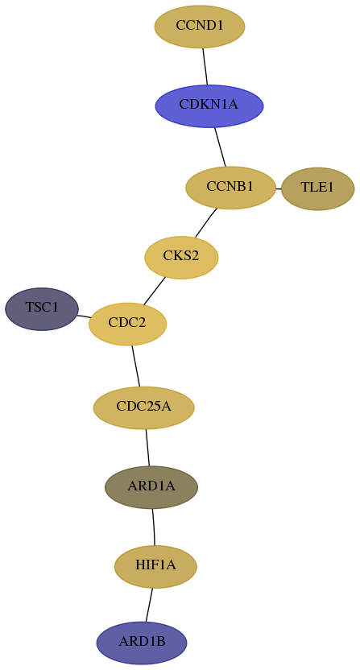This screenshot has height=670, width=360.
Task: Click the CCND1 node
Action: pyautogui.click(x=200, y=27)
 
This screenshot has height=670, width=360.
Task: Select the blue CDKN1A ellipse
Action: pyautogui.click(x=209, y=106)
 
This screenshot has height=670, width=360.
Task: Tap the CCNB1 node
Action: pyautogui.click(x=230, y=188)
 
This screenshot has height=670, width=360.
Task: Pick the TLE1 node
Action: pyautogui.click(x=317, y=189)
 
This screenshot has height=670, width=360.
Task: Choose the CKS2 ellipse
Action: pyautogui.click(x=181, y=258)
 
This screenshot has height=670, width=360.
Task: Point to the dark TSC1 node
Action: pyautogui.click(x=42, y=309)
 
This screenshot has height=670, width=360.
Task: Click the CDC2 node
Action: pyautogui.click(x=127, y=324)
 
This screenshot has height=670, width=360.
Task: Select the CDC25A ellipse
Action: pyautogui.click(x=143, y=407)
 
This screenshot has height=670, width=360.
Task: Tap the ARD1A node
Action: pyautogui.click(x=151, y=487)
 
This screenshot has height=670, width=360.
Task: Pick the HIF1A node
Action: pyautogui.click(x=155, y=567)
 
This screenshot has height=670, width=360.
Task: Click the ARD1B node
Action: pyautogui.click(x=142, y=643)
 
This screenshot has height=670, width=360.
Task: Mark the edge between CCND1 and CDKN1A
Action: pyautogui.click(x=205, y=66)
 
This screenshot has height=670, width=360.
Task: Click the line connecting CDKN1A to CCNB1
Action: pyautogui.click(x=220, y=147)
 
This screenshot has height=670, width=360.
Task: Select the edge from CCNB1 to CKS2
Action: pyautogui.click(x=206, y=222)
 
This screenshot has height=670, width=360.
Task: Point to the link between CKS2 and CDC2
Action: pyautogui.click(x=155, y=291)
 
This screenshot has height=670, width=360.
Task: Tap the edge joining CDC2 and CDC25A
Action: pyautogui.click(x=136, y=366)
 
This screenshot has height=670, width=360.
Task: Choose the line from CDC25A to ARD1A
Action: pyautogui.click(x=147, y=448)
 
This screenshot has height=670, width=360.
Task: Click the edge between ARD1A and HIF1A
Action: pyautogui.click(x=154, y=527)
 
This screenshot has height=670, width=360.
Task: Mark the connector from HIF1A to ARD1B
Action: pyautogui.click(x=149, y=605)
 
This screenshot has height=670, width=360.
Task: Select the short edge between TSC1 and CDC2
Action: pyautogui.click(x=84, y=316)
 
